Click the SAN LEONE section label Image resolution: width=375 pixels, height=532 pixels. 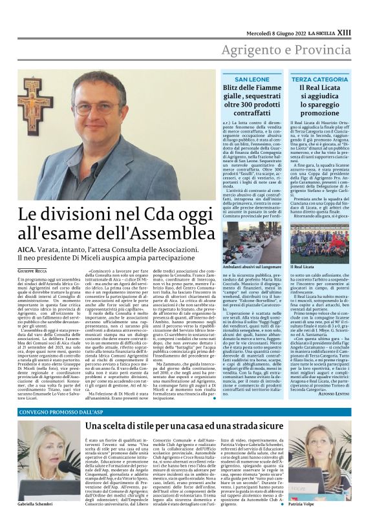(252, 79)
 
